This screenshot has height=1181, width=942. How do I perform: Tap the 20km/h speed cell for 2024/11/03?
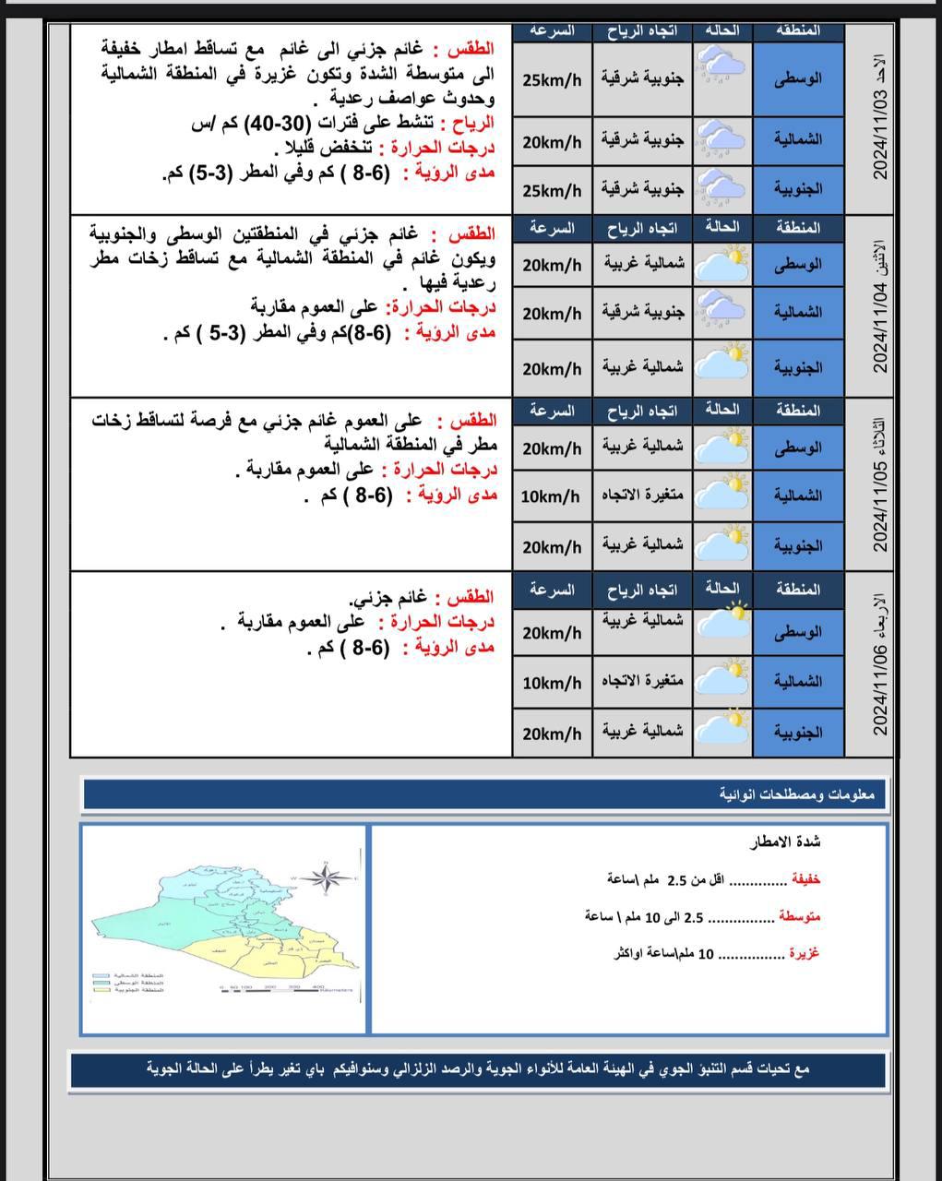552,141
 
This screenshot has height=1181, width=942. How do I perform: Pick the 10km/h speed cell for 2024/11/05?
552,496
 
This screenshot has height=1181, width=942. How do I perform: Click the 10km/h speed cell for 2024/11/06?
552,683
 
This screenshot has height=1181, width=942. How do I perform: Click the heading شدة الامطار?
785,841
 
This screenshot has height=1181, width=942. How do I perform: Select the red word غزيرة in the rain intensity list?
804,953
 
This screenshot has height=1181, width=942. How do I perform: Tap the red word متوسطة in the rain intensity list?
799,916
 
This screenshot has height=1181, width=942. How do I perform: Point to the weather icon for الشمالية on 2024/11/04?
721,312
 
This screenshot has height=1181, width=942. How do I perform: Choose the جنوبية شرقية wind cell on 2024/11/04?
644,313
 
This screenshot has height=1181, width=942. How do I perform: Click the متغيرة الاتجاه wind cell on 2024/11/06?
643,682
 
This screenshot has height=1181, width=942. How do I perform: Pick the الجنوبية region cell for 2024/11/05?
798,545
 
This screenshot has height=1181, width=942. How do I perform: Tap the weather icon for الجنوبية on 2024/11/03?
721,188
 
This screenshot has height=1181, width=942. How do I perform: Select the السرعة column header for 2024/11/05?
552,410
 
